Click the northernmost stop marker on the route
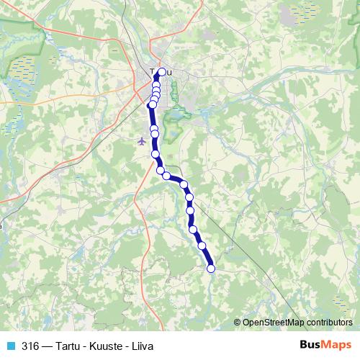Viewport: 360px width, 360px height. click(x=162, y=71)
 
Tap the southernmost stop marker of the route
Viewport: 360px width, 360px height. click(x=211, y=269)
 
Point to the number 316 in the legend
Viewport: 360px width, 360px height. click(x=30, y=345)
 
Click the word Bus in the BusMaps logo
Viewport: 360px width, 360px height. click(x=311, y=344)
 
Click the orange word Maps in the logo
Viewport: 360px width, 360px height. click(x=337, y=344)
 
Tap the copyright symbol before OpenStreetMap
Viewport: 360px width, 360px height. click(x=238, y=322)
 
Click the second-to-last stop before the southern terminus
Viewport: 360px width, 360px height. click(x=202, y=246)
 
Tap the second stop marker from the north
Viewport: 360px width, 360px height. click(x=156, y=85)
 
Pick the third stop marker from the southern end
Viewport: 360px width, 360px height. click(x=193, y=229)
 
